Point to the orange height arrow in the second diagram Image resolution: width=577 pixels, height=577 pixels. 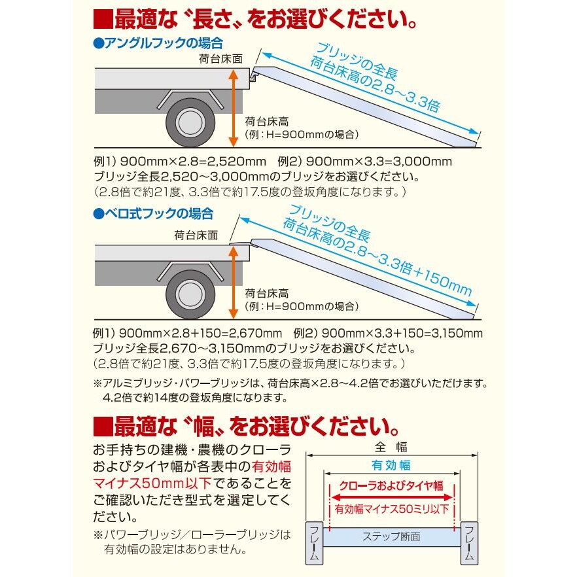point(233,281)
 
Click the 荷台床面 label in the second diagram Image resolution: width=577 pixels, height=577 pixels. point(196,234)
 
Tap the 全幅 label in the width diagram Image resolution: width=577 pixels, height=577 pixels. point(391,447)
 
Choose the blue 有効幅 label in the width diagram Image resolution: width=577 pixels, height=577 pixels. point(391,465)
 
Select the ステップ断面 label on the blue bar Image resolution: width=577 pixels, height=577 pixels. point(391,537)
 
